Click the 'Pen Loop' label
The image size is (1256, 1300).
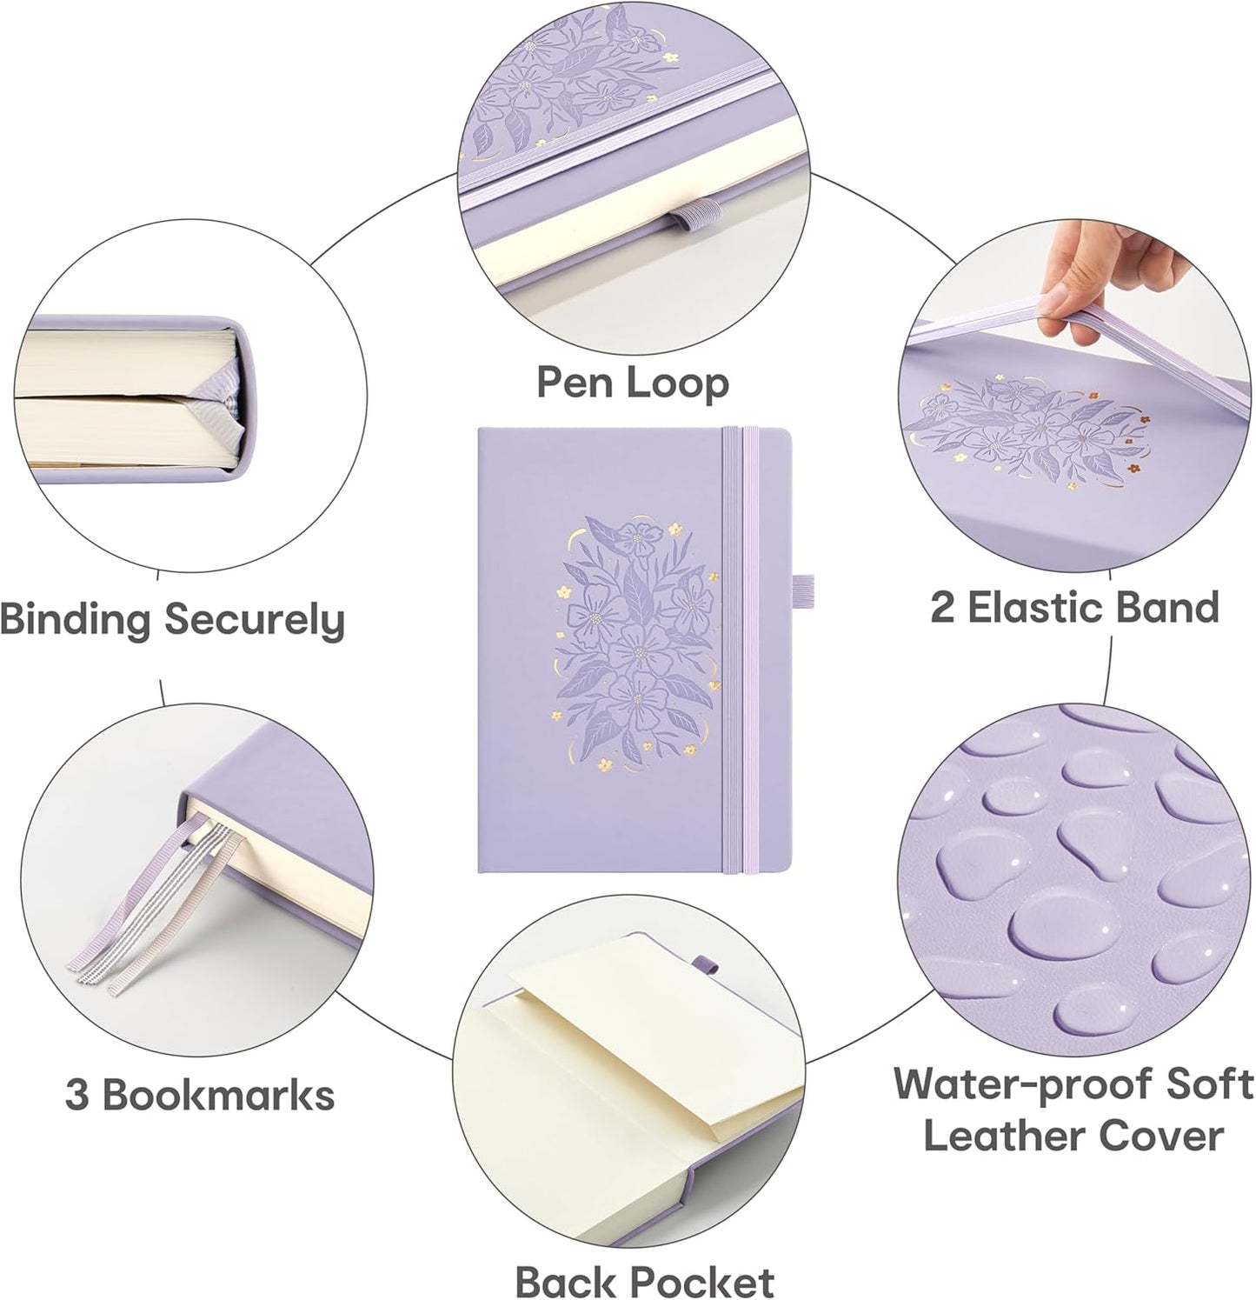(631, 382)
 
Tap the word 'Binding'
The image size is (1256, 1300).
(75, 621)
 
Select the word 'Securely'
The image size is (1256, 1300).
(255, 621)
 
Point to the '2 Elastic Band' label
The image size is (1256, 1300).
(1074, 607)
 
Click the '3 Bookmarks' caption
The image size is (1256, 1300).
(200, 1095)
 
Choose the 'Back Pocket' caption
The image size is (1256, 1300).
(644, 1281)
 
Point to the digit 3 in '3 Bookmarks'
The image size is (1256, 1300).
(76, 1095)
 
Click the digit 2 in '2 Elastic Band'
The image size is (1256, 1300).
(941, 607)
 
